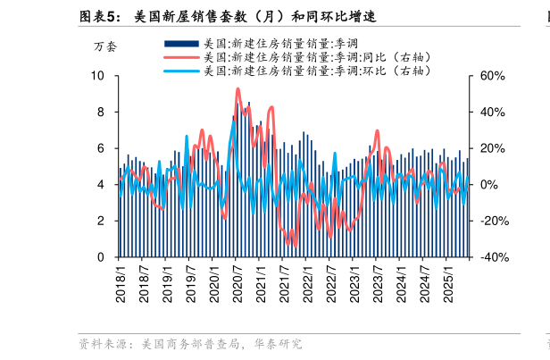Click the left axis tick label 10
pos(98,77)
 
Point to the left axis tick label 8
pos(101,113)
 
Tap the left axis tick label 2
pos(101,221)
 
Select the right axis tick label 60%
pos(494,77)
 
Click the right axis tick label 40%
pos(494,113)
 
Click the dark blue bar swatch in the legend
pos(181,43)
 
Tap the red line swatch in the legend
pos(181,56)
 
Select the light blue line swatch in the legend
pos(181,70)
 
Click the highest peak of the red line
pos(237,88)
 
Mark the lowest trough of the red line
pos(295,245)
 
